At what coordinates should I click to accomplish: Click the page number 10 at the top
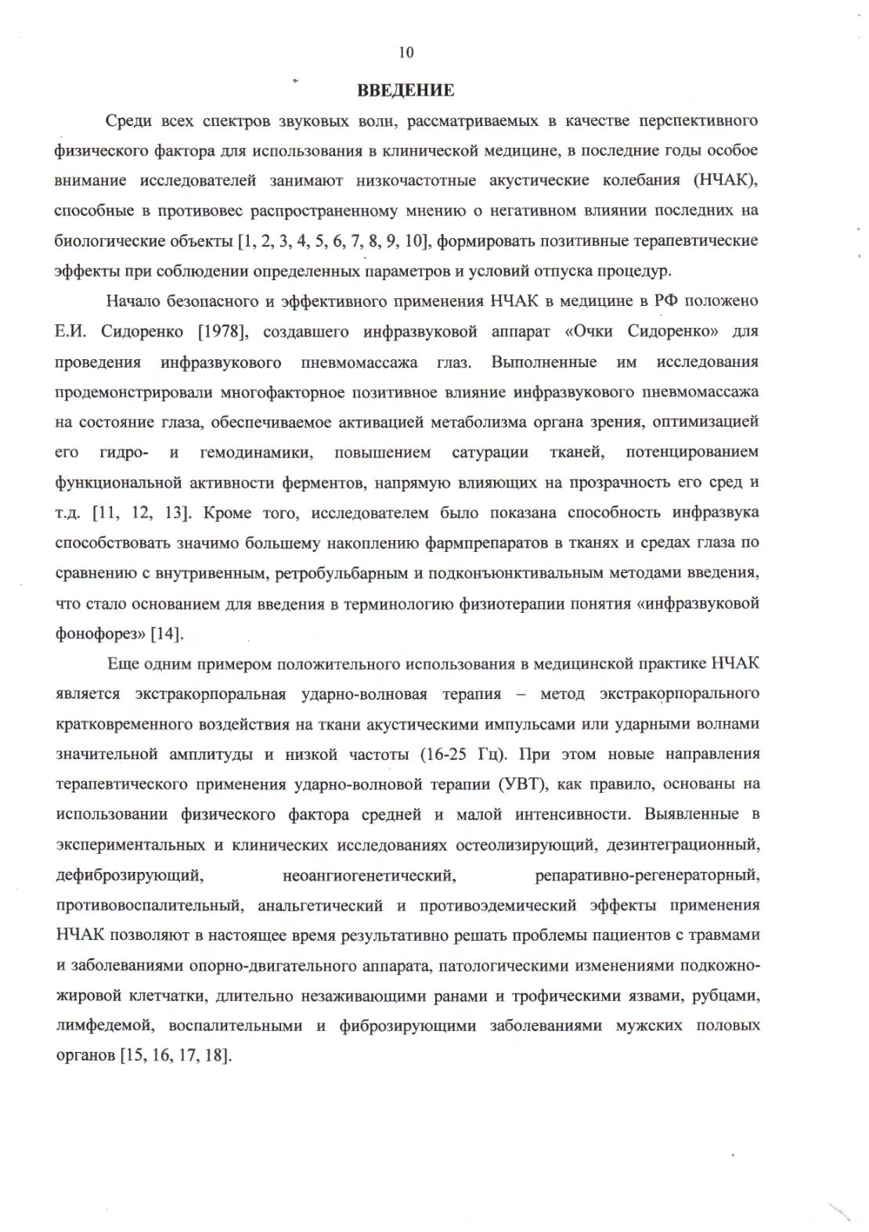(406, 52)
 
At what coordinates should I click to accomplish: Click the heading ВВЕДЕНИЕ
(406, 90)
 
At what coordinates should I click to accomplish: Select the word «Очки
(588, 331)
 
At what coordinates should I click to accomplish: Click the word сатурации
(490, 452)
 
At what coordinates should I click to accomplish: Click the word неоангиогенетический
(369, 874)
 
